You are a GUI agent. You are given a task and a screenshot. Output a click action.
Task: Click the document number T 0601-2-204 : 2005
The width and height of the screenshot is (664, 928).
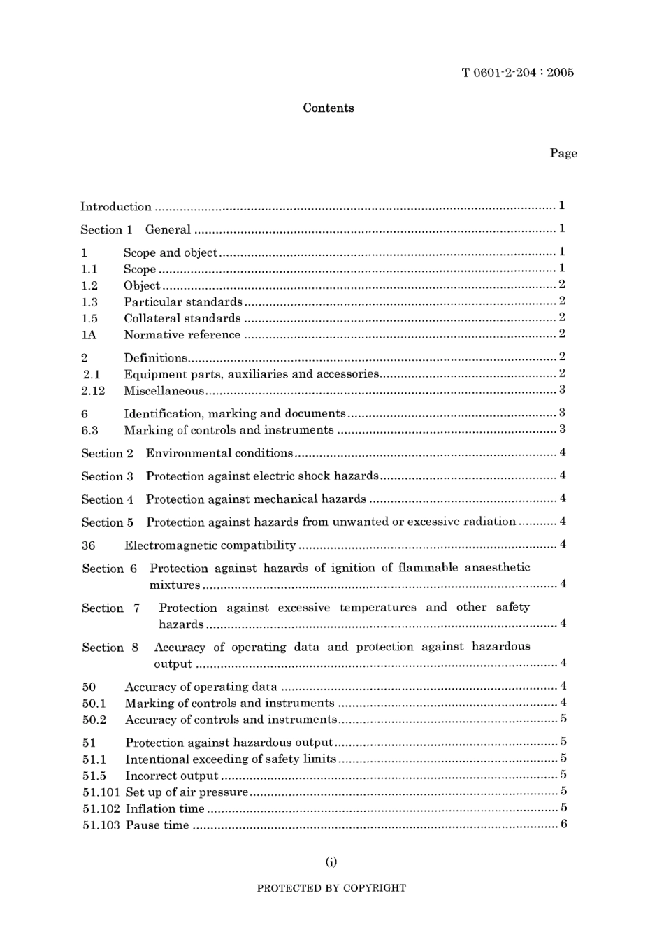coord(517,72)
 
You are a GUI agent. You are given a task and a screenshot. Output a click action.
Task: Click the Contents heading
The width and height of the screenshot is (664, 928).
coord(329,108)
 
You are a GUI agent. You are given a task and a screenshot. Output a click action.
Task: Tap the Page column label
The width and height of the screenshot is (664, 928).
coord(563,153)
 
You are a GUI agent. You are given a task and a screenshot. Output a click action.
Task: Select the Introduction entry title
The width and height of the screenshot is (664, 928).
coord(116,206)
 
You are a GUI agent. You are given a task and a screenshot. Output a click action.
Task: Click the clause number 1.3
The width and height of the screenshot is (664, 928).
coord(89,302)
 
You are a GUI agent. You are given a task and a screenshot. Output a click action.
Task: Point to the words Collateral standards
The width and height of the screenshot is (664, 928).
coord(182,318)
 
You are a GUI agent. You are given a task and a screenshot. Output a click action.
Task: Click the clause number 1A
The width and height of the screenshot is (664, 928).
coord(89,335)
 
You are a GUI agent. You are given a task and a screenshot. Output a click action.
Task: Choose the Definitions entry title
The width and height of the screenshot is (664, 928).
coord(155,357)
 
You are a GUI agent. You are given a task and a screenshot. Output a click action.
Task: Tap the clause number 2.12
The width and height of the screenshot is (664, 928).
coord(93,391)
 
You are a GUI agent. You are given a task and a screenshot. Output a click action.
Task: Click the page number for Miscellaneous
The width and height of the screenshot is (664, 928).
coord(562,390)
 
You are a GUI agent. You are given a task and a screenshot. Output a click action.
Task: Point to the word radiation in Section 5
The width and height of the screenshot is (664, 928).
coord(489,522)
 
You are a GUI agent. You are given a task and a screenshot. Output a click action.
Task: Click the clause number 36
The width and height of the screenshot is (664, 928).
coord(89,545)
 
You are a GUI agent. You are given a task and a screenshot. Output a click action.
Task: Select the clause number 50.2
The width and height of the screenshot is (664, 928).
coord(94,720)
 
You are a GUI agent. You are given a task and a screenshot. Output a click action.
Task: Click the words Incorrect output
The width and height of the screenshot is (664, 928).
coord(172,776)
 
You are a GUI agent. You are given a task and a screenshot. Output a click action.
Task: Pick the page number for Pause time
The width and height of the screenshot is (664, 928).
coord(563,825)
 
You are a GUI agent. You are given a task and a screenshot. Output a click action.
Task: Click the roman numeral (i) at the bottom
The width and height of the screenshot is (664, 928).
coord(331,862)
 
